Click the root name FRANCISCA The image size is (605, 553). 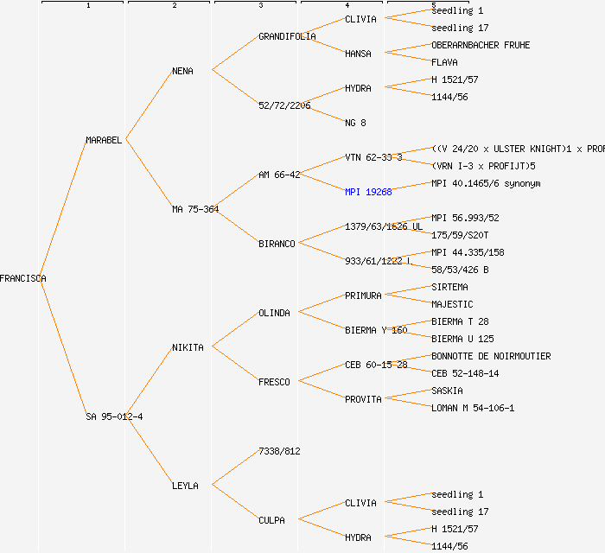tap(23, 278)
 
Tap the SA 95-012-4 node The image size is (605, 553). tap(114, 416)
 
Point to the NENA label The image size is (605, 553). tap(182, 71)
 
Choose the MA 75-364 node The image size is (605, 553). tap(195, 209)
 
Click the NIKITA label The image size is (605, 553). tap(188, 347)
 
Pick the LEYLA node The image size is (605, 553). tap(185, 486)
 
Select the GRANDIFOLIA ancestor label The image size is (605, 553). tap(287, 36)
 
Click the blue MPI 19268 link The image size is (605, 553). tap(368, 192)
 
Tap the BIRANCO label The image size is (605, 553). tap(277, 244)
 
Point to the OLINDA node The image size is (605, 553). tap(274, 313)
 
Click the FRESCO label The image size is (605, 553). tap(274, 382)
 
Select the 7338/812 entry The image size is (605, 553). tap(279, 451)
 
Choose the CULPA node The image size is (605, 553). tap(271, 520)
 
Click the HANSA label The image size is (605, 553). tap(358, 54)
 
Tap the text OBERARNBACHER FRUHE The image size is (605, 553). tap(481, 45)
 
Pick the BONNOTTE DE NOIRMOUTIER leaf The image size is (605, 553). tap(491, 356)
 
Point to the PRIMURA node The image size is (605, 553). tap(363, 296)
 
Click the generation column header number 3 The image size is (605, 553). tap(260, 6)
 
